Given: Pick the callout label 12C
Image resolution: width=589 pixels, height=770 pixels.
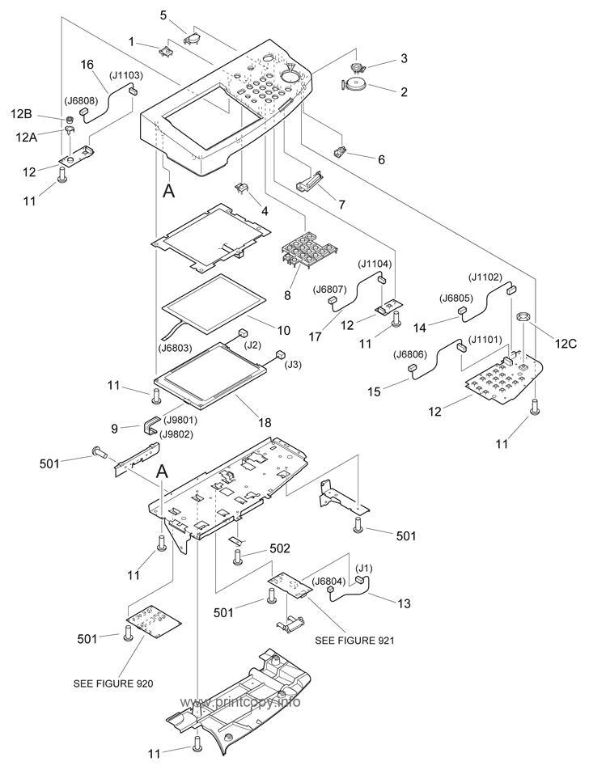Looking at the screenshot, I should click(x=566, y=344).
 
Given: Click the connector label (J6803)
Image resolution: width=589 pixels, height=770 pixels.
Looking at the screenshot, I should click(x=177, y=349).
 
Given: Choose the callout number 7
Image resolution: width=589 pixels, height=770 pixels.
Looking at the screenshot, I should click(x=341, y=205).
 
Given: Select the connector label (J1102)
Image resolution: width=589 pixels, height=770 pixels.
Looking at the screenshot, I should click(x=485, y=277).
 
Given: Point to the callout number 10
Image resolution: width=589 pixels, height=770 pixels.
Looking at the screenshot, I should click(x=283, y=330).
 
